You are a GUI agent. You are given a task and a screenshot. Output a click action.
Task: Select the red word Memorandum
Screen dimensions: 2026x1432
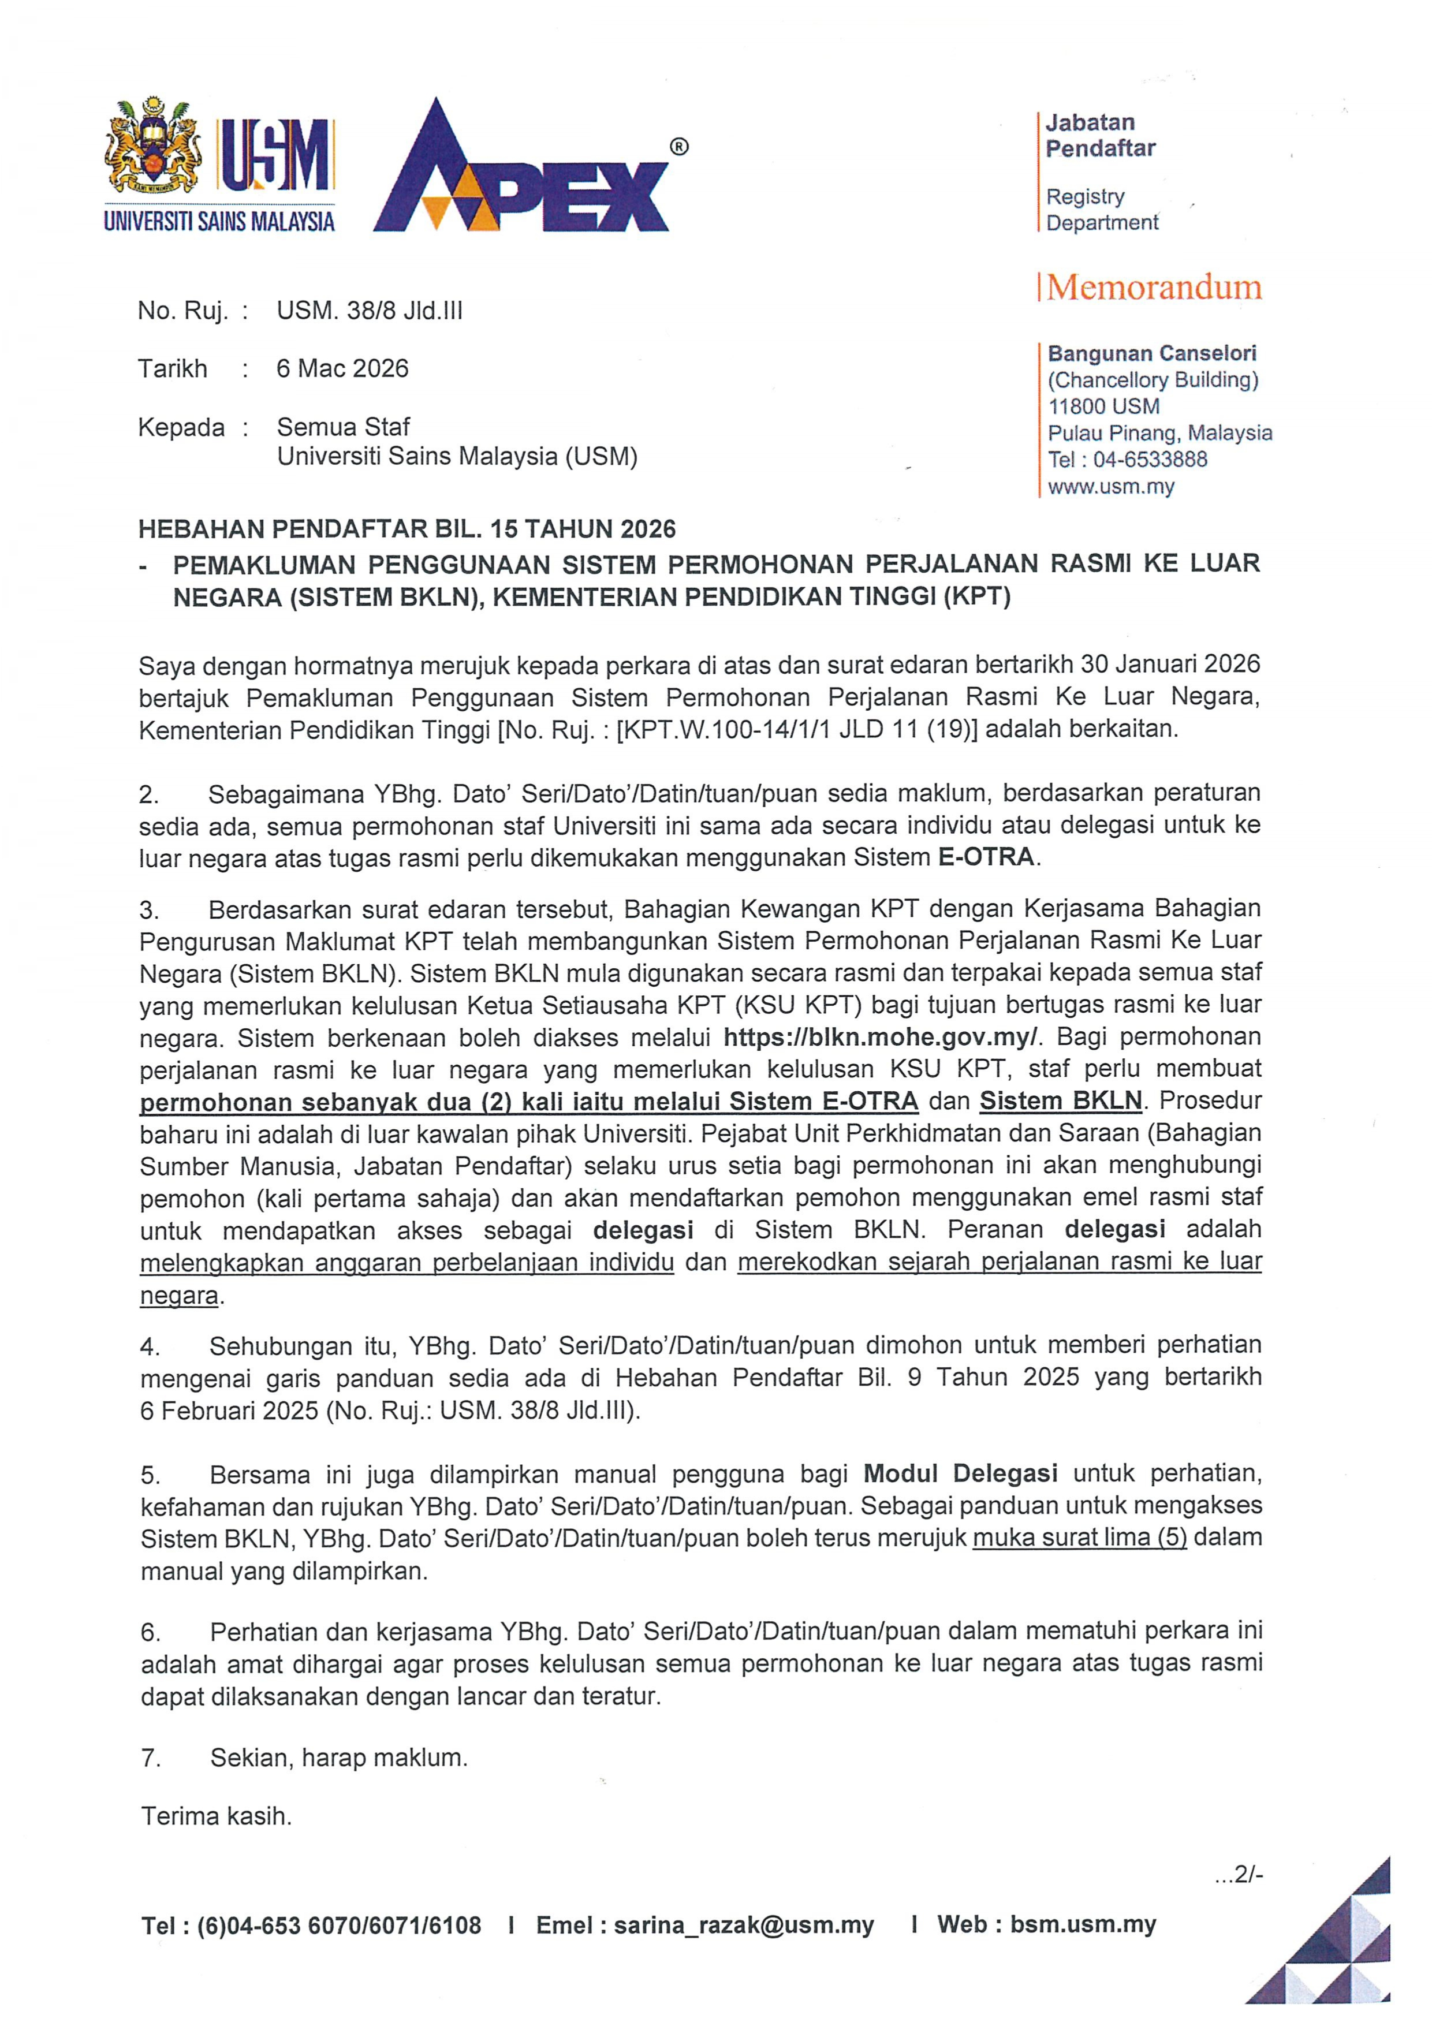click(1154, 288)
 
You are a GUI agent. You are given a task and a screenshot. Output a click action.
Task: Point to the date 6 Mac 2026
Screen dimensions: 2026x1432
click(342, 369)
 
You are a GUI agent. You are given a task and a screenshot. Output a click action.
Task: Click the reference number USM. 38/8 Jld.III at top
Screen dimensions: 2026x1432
click(370, 311)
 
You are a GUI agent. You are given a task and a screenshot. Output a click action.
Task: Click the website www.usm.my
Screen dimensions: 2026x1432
click(1111, 486)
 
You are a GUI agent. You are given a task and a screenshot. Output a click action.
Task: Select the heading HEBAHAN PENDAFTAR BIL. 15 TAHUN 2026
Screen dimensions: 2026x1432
click(407, 529)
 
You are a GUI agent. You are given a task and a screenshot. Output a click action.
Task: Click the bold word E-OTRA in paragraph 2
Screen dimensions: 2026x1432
click(986, 857)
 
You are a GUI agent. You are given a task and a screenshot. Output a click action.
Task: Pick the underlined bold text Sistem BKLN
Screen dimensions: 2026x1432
click(1061, 1101)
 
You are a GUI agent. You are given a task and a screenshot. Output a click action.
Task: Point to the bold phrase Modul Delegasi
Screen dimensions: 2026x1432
click(960, 1473)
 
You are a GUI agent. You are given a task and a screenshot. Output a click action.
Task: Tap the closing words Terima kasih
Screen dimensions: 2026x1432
click(216, 1816)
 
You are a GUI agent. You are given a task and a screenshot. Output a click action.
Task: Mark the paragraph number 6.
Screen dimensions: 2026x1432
click(151, 1632)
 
